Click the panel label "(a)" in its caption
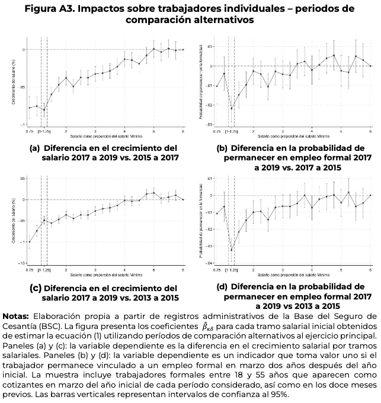[x=34, y=148]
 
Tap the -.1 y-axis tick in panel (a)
[x=22, y=125]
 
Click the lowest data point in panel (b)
[x=232, y=108]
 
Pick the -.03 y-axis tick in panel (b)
[x=208, y=124]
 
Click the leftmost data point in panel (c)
[x=30, y=241]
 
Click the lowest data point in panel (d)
[x=232, y=250]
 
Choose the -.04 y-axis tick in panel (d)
[x=208, y=262]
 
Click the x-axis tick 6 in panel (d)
[x=370, y=270]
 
